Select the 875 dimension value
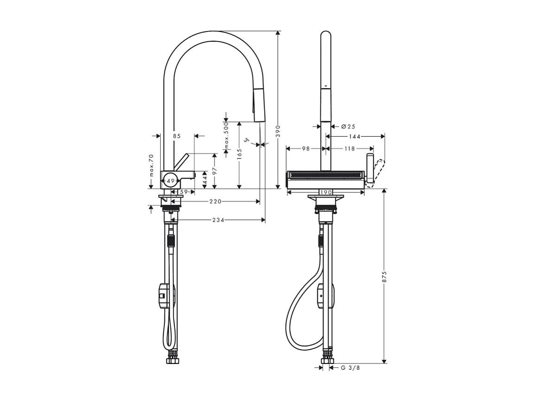[384, 276]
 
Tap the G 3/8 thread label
[350, 368]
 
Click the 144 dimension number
[355, 136]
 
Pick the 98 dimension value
[305, 149]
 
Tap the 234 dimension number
[218, 220]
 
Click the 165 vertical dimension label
[239, 153]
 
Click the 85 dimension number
[176, 136]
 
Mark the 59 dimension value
[183, 191]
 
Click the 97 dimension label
[214, 171]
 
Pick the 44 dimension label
[204, 180]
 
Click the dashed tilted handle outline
[377, 172]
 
